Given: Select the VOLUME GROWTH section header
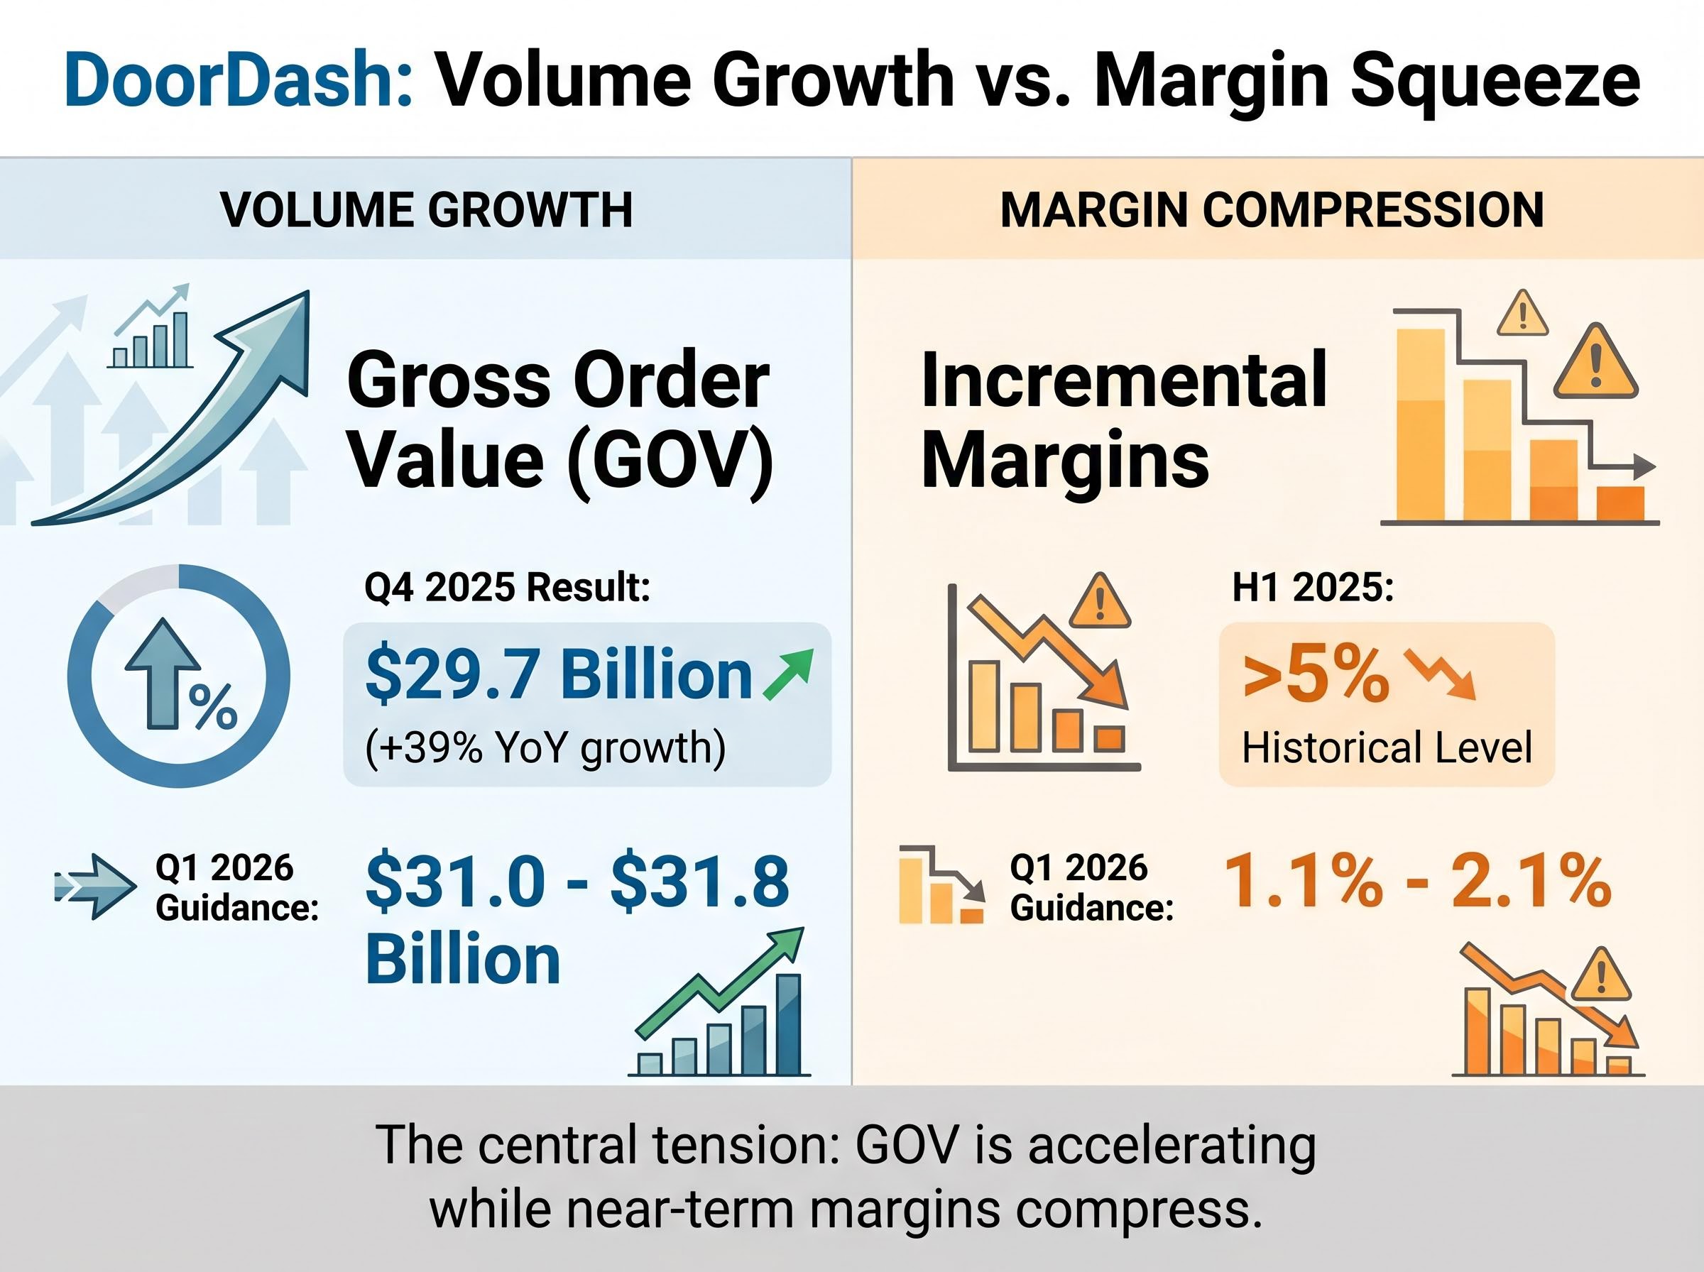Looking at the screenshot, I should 426,209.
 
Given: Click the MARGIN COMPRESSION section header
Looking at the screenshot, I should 1272,209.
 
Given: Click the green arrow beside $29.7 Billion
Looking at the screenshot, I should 787,674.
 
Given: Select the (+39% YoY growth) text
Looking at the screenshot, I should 545,747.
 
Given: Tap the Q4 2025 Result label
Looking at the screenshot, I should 507,588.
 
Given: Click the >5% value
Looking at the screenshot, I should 1315,676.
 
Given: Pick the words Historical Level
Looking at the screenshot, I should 1387,747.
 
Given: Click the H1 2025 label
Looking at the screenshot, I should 1313,588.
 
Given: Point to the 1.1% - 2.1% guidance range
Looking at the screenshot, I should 1416,881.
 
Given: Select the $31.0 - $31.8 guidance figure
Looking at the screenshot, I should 577,881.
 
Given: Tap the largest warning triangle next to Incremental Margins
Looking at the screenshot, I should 1595,363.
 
